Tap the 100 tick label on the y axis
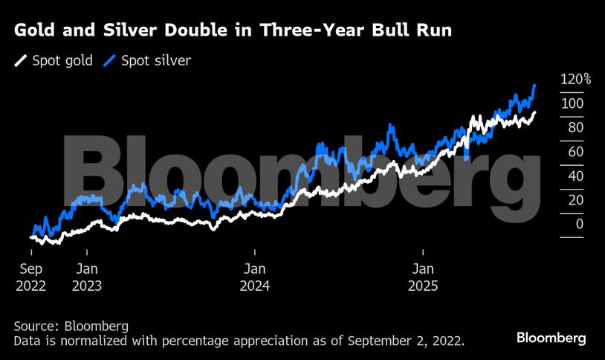tap(572, 103)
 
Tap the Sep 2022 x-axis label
tap(30, 277)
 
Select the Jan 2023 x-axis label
tap(87, 277)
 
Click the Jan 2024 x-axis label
tap(255, 277)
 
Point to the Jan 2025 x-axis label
tap(423, 277)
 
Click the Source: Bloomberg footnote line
tap(71, 326)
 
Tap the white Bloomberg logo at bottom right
tap(551, 338)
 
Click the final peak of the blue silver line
tap(535, 86)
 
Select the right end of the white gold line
tap(534, 113)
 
